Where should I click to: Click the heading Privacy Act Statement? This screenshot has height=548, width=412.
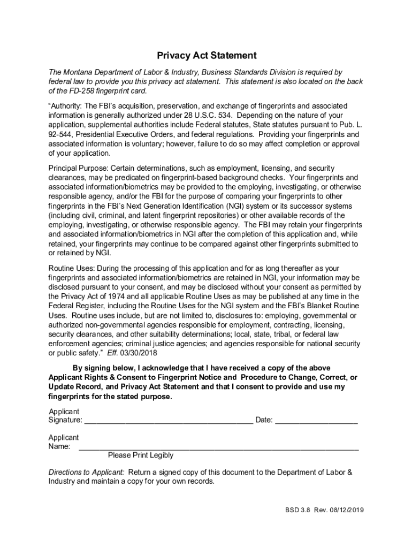tap(206, 56)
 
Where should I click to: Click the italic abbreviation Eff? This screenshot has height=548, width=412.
tap(112, 353)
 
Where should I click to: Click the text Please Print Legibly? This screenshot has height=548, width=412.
tap(141, 455)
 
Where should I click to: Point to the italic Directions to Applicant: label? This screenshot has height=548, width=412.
tap(87, 472)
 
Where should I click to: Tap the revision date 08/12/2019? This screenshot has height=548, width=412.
tap(347, 510)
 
